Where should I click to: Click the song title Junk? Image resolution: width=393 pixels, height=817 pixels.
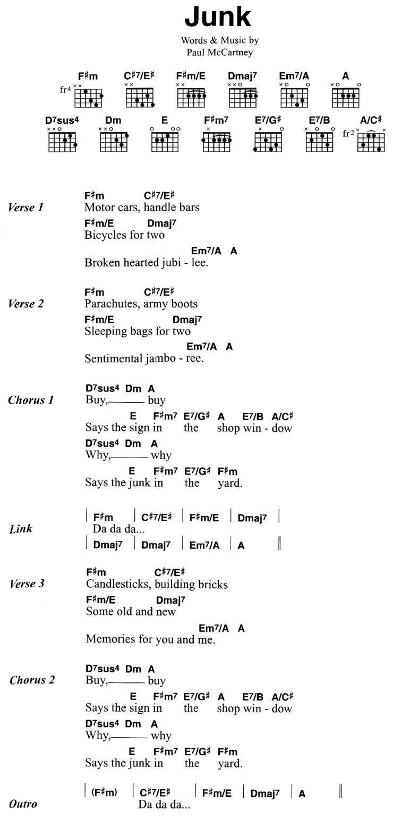(218, 17)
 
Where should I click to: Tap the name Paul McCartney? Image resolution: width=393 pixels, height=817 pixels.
(220, 53)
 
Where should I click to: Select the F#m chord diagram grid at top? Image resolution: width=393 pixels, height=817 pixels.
(88, 98)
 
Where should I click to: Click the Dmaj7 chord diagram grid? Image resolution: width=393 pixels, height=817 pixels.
(243, 98)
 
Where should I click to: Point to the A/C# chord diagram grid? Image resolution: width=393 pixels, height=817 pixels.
(371, 142)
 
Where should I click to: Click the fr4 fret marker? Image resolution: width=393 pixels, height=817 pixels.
(65, 89)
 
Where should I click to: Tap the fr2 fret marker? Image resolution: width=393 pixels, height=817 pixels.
(348, 134)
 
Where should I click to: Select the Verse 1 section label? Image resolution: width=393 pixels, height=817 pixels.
(26, 207)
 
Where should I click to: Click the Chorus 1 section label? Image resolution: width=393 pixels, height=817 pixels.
(31, 400)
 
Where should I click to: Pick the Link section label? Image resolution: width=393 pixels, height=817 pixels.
(21, 529)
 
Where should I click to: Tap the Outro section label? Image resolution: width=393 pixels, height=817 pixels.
(23, 804)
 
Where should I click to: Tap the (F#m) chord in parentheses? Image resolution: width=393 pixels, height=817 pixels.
(104, 793)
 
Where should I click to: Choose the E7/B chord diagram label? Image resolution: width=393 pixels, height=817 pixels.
(319, 120)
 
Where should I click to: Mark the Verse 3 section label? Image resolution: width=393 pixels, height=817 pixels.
(27, 583)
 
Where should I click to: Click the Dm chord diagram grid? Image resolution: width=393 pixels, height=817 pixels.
(114, 142)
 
